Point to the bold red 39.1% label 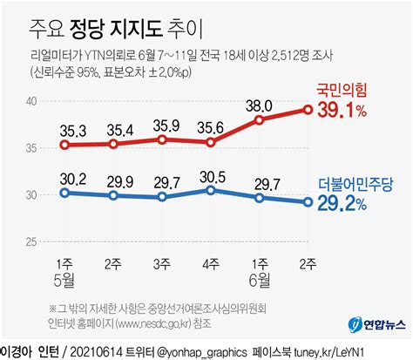tap(357, 110)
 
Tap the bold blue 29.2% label tap(358, 203)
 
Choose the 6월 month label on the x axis tap(260, 280)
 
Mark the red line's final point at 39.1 tap(308, 109)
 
